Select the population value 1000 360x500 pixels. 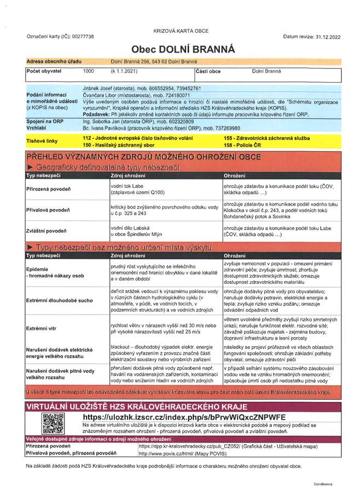(x=88, y=72)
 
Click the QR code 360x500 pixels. (x=54, y=423)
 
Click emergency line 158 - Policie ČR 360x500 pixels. (x=244, y=144)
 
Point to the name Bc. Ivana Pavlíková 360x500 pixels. (x=106, y=127)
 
